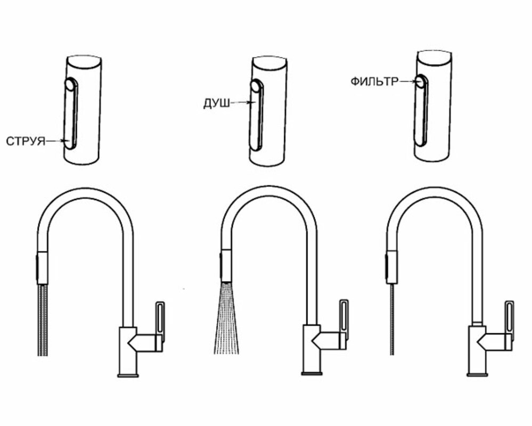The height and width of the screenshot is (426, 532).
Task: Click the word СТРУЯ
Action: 26,141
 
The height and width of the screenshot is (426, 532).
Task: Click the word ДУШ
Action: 216,103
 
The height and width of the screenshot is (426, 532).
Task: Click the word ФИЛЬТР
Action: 374,82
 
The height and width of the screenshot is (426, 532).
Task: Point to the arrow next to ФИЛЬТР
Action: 407,81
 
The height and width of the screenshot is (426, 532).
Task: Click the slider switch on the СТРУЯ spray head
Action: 71,113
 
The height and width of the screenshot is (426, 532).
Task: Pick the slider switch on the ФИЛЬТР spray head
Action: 421,110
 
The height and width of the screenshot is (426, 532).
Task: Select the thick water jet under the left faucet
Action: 43,320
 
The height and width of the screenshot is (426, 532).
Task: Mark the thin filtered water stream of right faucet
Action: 392,319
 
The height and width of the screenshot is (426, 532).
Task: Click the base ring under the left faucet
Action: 128,375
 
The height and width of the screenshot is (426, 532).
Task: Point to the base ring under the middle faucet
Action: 312,373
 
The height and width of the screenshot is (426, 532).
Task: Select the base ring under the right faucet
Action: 477,374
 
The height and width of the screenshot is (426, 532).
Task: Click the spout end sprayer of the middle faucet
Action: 226,266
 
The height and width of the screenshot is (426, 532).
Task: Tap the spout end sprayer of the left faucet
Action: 42,268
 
